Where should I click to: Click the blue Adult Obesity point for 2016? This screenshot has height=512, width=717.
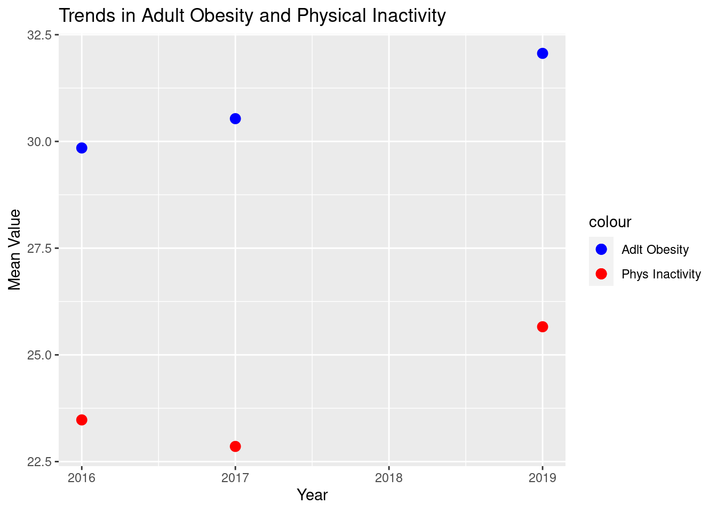[82, 148]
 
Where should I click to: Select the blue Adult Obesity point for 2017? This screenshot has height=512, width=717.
[235, 118]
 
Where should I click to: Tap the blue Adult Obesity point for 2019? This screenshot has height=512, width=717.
[543, 53]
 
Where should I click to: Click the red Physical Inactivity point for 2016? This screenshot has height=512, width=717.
[82, 420]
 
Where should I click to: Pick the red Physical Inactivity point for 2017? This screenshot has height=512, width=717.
[235, 446]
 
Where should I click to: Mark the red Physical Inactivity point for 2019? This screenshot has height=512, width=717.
[543, 326]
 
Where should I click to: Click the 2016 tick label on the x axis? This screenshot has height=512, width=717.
[82, 478]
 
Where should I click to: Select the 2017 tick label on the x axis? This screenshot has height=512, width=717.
[235, 478]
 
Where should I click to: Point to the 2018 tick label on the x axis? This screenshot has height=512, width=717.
[389, 478]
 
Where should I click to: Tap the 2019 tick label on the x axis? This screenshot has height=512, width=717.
[543, 478]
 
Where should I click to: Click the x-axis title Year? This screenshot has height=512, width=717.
[312, 495]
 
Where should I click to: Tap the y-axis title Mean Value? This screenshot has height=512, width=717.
[15, 250]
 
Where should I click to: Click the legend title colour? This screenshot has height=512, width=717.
[610, 222]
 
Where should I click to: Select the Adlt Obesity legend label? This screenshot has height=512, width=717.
[655, 250]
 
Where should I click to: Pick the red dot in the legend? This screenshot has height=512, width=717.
[601, 274]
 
